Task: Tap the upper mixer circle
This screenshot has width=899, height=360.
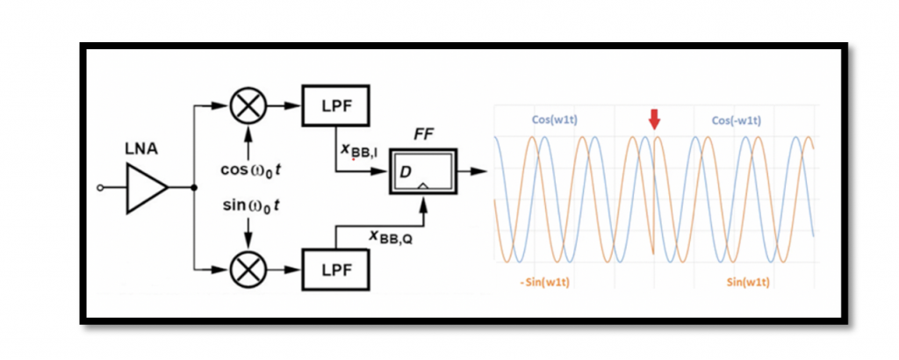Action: tap(248, 108)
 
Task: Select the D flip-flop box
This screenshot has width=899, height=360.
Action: tap(423, 172)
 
